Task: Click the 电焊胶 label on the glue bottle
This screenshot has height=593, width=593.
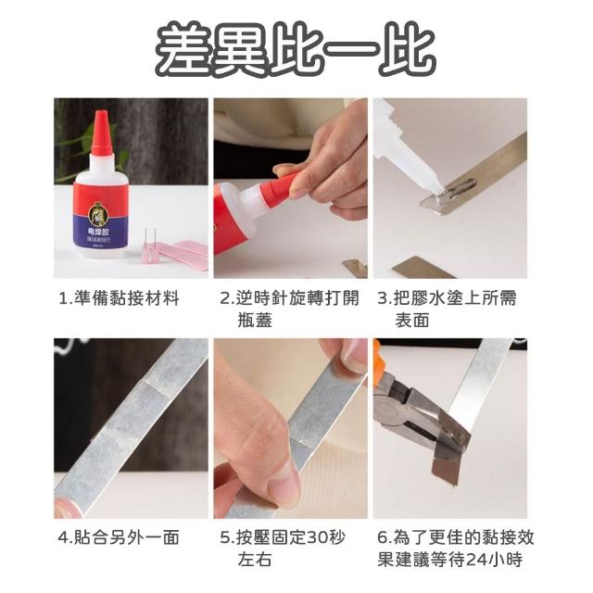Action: tap(98, 231)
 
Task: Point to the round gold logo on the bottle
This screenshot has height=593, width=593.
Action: tap(98, 214)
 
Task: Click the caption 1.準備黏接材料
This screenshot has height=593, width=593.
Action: tap(120, 298)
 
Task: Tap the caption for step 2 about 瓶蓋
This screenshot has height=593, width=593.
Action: tap(289, 309)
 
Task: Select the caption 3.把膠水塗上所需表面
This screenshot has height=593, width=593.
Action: tap(447, 309)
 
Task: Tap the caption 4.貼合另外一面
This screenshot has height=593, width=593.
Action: tap(119, 537)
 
